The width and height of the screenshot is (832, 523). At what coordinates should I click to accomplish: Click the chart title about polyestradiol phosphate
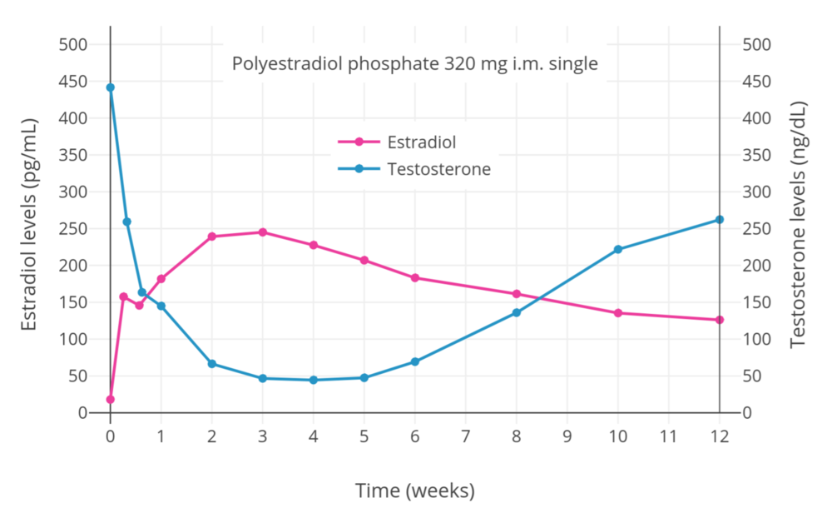tap(414, 64)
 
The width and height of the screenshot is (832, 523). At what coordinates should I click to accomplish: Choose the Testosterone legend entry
tap(438, 169)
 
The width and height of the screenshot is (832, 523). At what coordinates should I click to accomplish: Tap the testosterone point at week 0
tap(111, 87)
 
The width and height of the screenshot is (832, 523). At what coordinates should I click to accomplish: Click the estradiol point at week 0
tap(111, 399)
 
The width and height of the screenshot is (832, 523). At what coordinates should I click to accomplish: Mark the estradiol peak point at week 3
tap(263, 232)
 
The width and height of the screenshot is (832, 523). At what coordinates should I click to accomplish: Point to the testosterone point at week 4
tap(314, 380)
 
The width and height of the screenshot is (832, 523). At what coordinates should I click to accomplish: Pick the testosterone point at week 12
tap(720, 220)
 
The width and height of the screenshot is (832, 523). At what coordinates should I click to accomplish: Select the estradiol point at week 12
tap(720, 320)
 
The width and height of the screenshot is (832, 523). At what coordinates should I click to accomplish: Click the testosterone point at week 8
tap(517, 312)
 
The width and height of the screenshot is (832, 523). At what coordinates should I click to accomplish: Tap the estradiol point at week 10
tap(618, 313)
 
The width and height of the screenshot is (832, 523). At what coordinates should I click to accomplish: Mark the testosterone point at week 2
tap(212, 364)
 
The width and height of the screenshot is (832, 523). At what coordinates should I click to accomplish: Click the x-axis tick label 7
tap(466, 436)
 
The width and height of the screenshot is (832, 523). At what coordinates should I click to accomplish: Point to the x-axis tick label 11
tap(668, 436)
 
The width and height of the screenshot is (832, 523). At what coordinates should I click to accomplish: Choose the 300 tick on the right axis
tap(756, 192)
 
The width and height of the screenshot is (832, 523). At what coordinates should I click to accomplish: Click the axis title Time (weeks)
tap(414, 491)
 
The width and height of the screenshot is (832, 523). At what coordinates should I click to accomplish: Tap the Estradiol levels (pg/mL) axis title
tap(29, 225)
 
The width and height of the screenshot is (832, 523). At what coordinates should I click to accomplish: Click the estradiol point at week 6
tap(415, 277)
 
